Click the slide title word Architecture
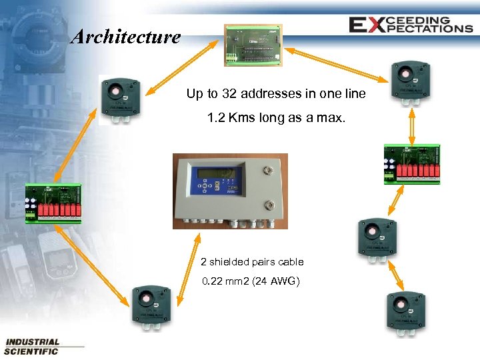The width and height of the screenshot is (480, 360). [125, 36]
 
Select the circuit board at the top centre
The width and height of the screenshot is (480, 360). [252, 44]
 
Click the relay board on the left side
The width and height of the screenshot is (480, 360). [53, 204]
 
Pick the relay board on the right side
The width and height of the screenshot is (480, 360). [412, 163]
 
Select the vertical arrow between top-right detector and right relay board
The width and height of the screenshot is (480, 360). [412, 126]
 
